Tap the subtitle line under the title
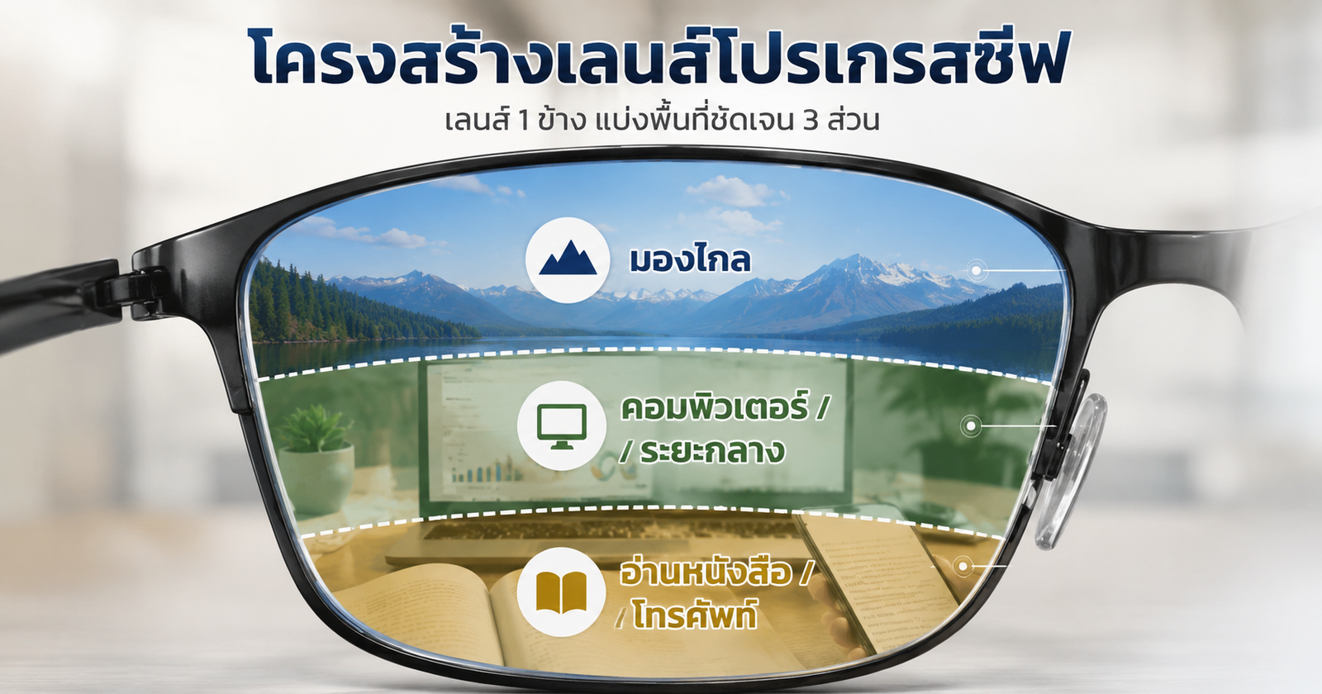(662, 120)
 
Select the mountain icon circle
(568, 260)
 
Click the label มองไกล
(690, 259)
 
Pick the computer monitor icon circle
(562, 425)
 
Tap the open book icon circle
(561, 592)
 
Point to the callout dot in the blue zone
(977, 270)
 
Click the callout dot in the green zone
(971, 425)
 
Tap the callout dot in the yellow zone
(963, 567)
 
